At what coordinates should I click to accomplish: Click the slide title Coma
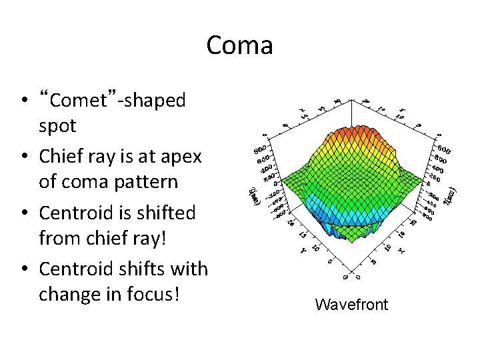[239, 45]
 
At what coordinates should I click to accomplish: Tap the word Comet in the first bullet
[78, 101]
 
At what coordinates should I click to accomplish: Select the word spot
[58, 125]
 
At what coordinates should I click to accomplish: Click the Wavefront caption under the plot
[351, 305]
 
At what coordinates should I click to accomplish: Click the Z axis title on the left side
[252, 195]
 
